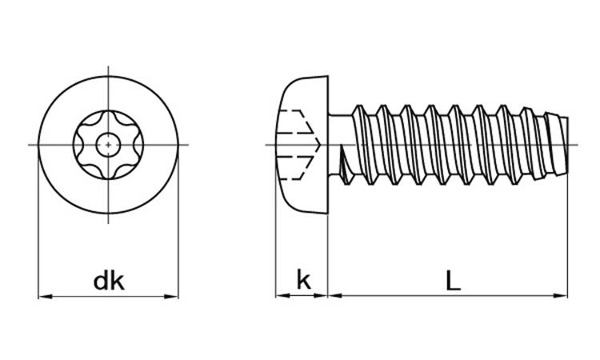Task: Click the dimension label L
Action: pos(452,280)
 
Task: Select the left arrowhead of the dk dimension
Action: pos(45,296)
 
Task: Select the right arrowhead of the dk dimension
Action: pos(173,296)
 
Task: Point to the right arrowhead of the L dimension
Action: pos(562,295)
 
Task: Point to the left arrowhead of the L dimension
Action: pos(334,295)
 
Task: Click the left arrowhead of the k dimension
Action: pos(281,295)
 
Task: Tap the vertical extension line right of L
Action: pos(567,240)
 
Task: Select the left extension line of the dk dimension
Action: pos(38,240)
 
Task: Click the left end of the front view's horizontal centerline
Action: pos(30,145)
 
